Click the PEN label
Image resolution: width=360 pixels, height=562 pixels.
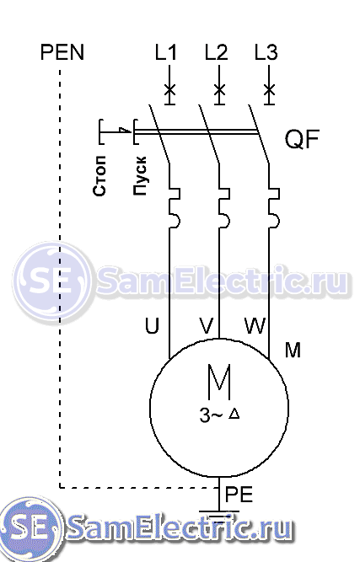coord(62,52)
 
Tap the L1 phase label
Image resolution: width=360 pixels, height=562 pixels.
coord(165,52)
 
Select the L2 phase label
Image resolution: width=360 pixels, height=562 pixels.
coord(216,52)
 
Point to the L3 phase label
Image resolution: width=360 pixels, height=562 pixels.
coord(266,52)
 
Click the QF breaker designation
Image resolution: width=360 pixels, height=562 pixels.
coord(302,139)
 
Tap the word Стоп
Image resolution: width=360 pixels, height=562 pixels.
coord(99,175)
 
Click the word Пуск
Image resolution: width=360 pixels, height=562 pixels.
coord(140,175)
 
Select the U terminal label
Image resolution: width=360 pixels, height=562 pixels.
coord(152,326)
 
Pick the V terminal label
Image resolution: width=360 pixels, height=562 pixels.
coord(207,326)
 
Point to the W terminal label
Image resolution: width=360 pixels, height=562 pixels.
coord(255,326)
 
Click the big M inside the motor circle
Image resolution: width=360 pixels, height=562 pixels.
coord(219,382)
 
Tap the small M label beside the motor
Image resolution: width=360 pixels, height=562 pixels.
coord(293,350)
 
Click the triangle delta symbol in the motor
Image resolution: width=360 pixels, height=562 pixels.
coord(234,414)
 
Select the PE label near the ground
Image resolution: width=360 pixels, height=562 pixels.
coord(239,495)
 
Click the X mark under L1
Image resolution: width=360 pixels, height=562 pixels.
coord(169,89)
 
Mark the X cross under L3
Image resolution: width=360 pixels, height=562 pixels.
coord(269,89)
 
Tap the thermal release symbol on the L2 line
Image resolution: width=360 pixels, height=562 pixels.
coord(223,207)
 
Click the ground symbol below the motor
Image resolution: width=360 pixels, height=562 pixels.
coord(219,514)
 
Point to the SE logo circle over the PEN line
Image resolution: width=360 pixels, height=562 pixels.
coord(53,281)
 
